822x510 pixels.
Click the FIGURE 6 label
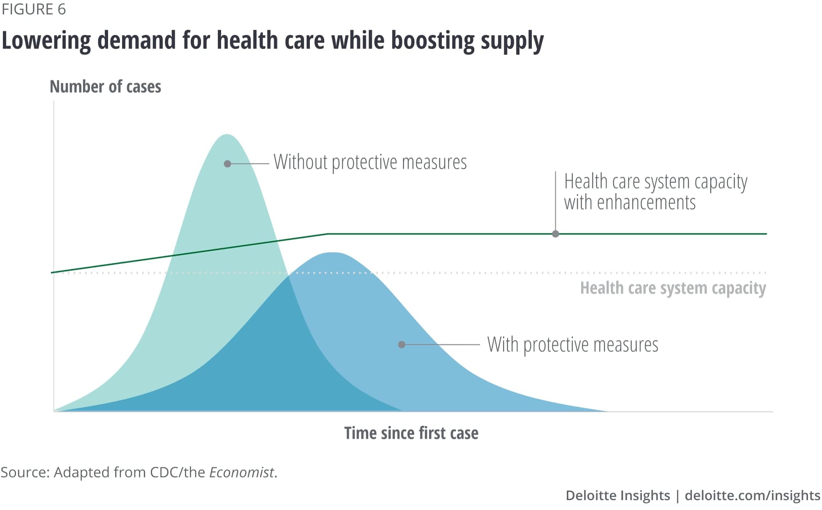[34, 9]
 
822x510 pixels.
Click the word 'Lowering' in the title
[46, 41]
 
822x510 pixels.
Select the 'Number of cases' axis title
[105, 87]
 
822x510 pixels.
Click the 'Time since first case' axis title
[411, 433]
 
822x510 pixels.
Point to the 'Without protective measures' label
[370, 162]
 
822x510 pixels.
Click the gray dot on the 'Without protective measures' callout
[227, 164]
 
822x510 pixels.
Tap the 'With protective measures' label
[573, 344]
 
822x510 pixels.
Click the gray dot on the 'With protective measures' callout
[402, 344]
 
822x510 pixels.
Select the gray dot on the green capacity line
[555, 234]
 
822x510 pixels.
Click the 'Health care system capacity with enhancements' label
[655, 192]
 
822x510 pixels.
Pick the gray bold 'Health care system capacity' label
[673, 288]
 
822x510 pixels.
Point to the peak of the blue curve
[332, 253]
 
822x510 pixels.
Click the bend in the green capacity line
[328, 234]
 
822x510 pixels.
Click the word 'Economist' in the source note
[241, 473]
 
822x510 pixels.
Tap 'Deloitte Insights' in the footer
[617, 495]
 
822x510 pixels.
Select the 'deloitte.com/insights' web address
[752, 495]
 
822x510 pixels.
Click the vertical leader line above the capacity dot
[555, 201]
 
